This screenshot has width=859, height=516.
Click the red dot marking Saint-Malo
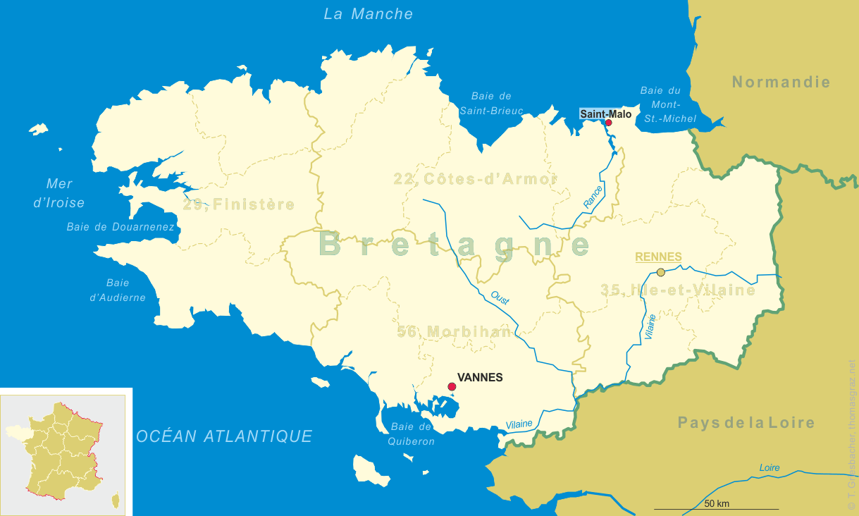point(609,123)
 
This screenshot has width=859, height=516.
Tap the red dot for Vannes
point(452,386)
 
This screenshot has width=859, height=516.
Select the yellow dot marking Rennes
point(660,272)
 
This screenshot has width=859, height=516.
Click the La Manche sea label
point(369,14)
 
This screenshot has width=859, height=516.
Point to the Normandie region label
point(781,82)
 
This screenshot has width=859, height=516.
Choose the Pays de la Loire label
point(746,423)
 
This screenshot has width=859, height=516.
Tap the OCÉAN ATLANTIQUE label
point(224,436)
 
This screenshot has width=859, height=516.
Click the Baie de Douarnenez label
point(120,227)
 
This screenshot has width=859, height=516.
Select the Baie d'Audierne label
point(118,290)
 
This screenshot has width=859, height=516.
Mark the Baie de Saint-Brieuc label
point(491,103)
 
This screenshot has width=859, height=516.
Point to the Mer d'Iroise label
point(60,193)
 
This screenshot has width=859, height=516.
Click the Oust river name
point(500,297)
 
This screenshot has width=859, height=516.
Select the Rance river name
point(593,197)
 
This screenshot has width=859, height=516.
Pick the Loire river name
point(770,468)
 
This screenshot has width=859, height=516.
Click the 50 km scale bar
point(716,508)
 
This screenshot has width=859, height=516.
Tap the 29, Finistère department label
point(238,205)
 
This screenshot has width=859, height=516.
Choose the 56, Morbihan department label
point(454,331)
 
